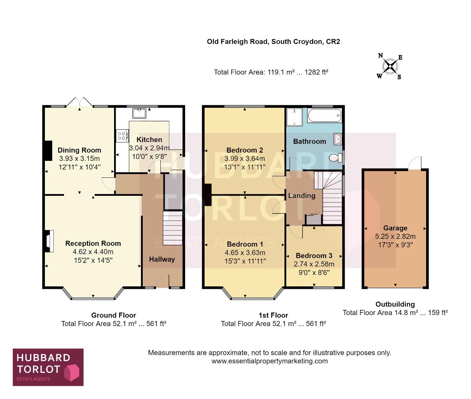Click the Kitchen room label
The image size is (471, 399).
149,140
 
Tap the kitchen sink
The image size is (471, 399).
139,113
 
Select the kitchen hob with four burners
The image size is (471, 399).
122,136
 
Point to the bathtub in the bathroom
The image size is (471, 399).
325,115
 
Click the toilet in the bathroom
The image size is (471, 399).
336,158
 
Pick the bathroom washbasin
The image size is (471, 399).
338,139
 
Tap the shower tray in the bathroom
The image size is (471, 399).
294,117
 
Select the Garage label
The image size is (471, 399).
395,228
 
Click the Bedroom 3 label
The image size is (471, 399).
314,255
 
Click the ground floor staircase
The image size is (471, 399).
173,228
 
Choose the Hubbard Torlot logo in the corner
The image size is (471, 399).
48,367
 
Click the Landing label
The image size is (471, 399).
302,195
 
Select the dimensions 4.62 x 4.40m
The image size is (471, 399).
93,252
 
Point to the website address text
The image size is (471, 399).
270,361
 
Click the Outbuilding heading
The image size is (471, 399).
395,304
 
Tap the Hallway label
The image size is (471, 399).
162,259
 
